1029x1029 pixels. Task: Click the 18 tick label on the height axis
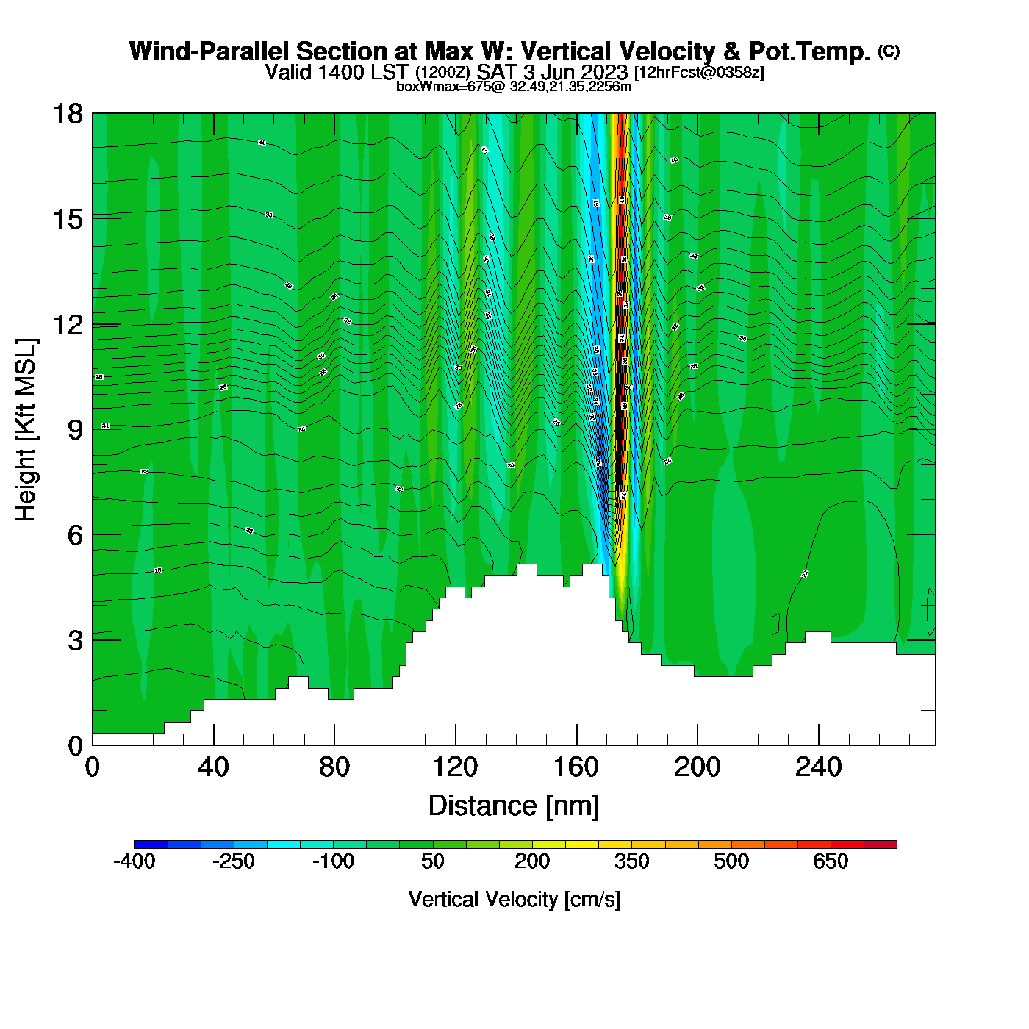[x=67, y=114]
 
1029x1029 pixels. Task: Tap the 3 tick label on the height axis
[x=75, y=641]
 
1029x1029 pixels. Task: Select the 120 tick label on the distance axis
[x=455, y=767]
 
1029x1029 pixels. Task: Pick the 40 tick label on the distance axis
[x=213, y=767]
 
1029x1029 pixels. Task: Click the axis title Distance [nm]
[x=514, y=806]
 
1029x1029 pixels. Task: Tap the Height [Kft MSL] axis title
[x=26, y=430]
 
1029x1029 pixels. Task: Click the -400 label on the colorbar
[x=135, y=861]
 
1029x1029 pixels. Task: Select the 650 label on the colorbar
[x=831, y=861]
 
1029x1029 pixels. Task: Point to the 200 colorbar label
[x=532, y=861]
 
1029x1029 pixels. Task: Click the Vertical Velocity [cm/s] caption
[x=514, y=899]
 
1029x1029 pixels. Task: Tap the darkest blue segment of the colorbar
[x=151, y=845]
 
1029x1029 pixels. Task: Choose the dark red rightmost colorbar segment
[x=880, y=845]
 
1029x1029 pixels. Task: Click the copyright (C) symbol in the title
[x=888, y=51]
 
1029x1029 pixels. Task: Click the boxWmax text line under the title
[x=514, y=86]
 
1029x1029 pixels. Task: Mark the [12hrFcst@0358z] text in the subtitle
[x=699, y=73]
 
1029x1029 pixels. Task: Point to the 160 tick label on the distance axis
[x=576, y=767]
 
